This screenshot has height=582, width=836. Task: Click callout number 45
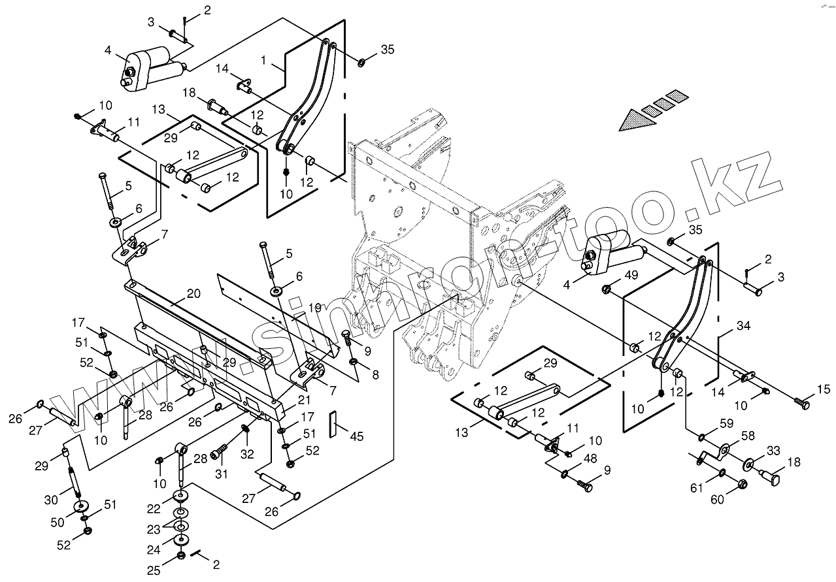[x=357, y=436]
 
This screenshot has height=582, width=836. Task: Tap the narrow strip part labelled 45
[x=333, y=424]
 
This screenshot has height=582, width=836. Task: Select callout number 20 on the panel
[x=193, y=293]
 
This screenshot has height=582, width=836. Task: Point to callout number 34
[x=743, y=326]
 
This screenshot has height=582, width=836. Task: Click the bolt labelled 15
[x=801, y=404]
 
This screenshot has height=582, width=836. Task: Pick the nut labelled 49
[x=607, y=289]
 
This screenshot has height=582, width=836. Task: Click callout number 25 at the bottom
[x=154, y=571]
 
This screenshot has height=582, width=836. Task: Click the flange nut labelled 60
[x=743, y=484]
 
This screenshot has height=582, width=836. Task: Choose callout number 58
[x=748, y=436]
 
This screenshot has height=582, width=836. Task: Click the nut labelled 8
[x=353, y=361]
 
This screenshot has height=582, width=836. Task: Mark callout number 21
[x=304, y=400]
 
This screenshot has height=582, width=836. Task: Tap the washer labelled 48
[x=565, y=474]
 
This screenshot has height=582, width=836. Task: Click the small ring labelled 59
[x=702, y=436]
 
